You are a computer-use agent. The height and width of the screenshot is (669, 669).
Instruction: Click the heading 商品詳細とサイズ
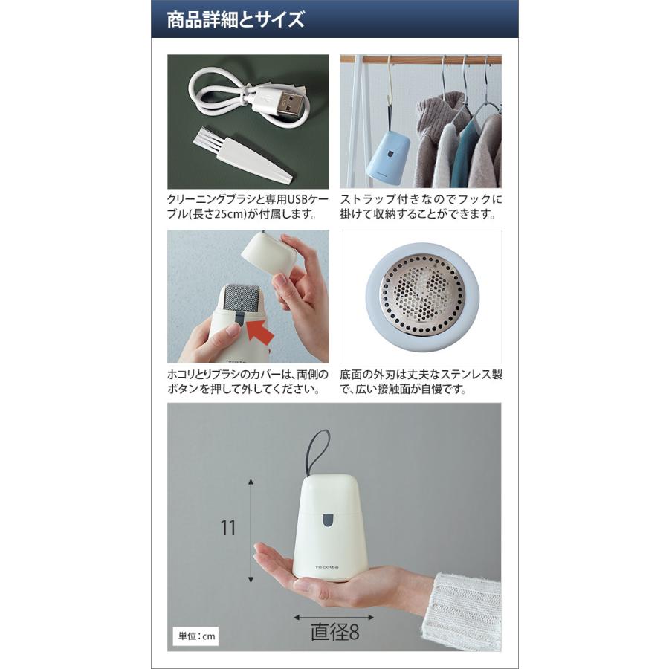[236, 19]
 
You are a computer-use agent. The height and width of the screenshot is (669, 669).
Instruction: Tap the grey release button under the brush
[235, 322]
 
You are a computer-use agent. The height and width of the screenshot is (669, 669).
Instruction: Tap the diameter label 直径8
[334, 633]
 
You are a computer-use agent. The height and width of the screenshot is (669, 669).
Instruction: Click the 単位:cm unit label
[195, 636]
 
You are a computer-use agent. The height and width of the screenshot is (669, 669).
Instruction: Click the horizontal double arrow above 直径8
[333, 617]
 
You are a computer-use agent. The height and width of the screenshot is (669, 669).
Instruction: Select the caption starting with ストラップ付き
[421, 207]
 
